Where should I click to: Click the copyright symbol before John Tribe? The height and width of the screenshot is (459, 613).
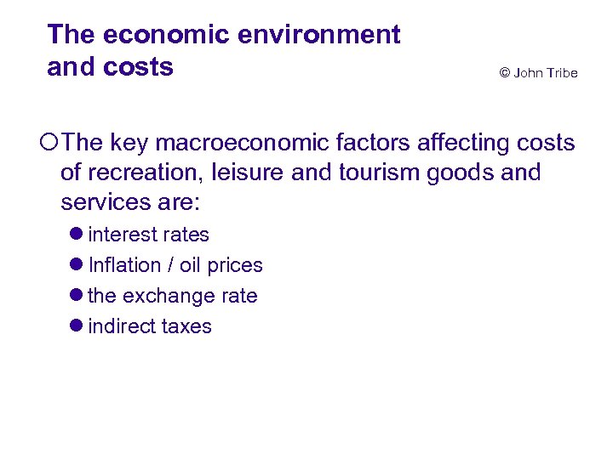click(505, 73)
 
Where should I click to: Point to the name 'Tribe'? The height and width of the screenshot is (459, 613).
click(561, 73)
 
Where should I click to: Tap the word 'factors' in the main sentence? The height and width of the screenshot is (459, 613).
click(372, 144)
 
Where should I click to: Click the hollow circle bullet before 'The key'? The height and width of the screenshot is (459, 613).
click(52, 144)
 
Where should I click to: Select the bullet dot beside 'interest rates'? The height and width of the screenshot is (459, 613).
click(77, 235)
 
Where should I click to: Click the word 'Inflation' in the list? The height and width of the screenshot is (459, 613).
click(124, 265)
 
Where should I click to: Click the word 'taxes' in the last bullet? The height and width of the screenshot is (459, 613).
click(186, 326)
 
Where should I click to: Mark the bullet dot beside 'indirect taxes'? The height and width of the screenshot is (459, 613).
click(77, 326)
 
